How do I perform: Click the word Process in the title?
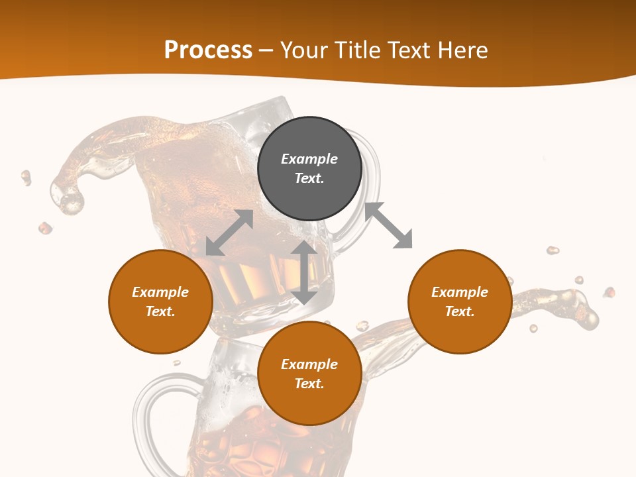click(x=208, y=50)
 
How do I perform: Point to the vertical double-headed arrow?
click(x=304, y=272)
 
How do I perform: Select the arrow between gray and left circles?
click(x=229, y=233)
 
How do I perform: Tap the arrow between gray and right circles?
click(x=389, y=225)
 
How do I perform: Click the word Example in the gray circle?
click(x=309, y=159)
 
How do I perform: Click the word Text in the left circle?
click(x=160, y=311)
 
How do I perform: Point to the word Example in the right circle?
click(x=460, y=292)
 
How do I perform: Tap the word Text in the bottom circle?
click(x=309, y=384)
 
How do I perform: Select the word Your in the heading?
click(x=305, y=50)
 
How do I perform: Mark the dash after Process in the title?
click(x=266, y=51)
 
